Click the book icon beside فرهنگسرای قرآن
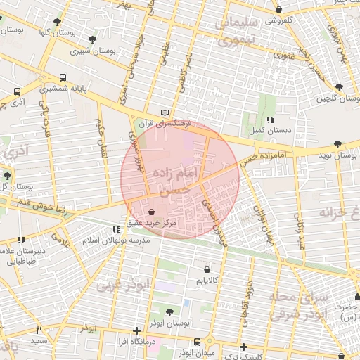point(165,112)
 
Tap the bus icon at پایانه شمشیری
point(63,78)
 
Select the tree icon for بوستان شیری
point(94,39)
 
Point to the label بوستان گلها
point(58,32)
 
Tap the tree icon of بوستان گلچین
point(340,87)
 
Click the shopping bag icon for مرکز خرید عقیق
point(153,211)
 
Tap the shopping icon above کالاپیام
point(206,269)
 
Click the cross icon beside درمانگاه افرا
point(136,330)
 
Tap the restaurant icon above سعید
point(39,330)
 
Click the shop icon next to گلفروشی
point(280,10)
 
